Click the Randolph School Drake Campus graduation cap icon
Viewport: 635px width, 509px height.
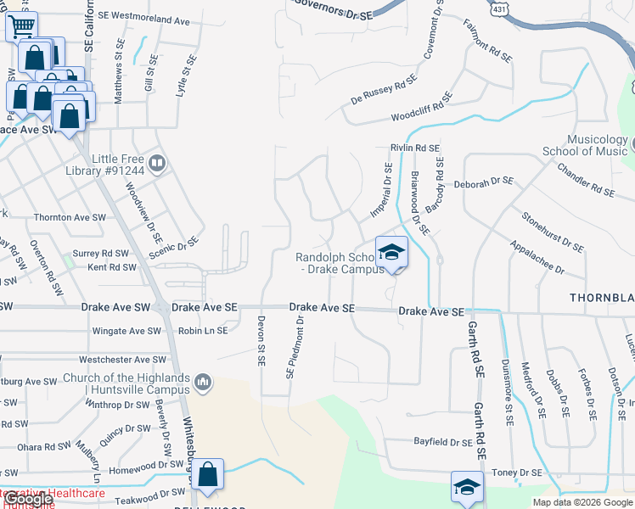click(391, 252)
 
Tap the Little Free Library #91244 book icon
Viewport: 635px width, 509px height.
click(156, 162)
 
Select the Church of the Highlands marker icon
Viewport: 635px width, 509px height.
click(202, 383)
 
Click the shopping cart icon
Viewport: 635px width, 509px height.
click(21, 26)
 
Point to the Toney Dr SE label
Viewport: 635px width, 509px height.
click(517, 473)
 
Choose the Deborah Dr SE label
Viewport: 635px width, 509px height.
click(484, 182)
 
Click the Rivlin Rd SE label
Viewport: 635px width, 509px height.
click(414, 148)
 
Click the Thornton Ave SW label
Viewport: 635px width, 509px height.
click(70, 218)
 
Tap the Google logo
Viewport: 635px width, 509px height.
click(28, 500)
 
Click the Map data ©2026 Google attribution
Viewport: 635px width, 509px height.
click(583, 502)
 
